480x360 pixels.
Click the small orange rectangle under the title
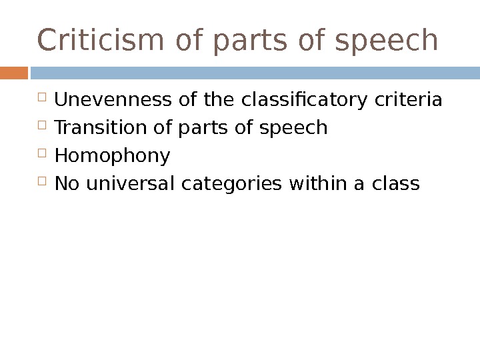14,71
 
